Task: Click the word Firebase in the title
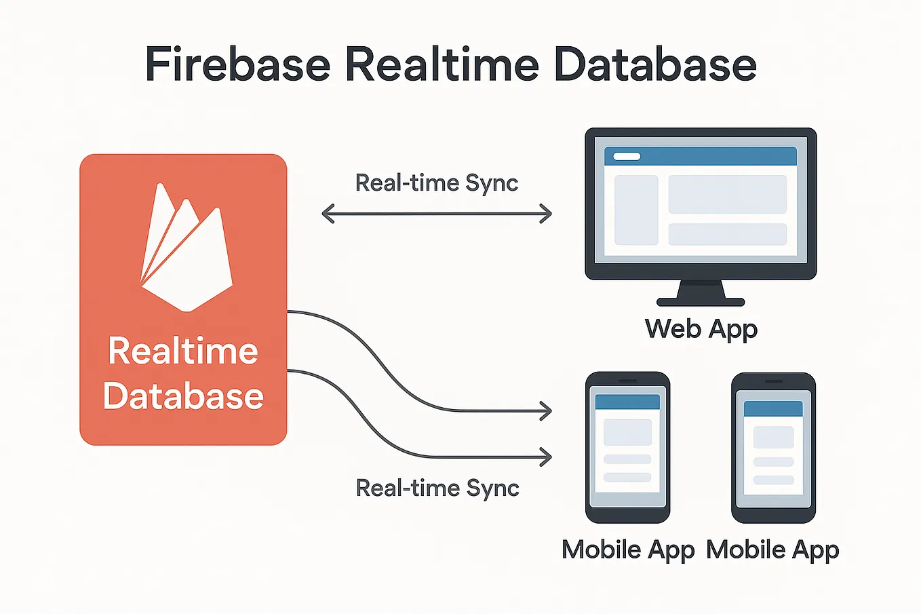coord(237,64)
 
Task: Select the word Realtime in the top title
coord(442,64)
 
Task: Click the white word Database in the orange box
coord(183,396)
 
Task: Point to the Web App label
coord(701,329)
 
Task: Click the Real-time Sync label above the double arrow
coord(437,183)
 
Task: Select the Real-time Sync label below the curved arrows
coord(437,488)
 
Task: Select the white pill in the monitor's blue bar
coord(627,157)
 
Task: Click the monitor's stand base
coord(701,302)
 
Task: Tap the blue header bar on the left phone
coord(627,402)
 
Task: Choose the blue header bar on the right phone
coord(773,408)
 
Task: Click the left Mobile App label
coord(628,550)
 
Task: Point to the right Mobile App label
coord(772,550)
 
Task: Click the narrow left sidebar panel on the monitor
coord(636,210)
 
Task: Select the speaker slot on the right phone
coord(773,382)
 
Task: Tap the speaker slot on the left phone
coord(627,381)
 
